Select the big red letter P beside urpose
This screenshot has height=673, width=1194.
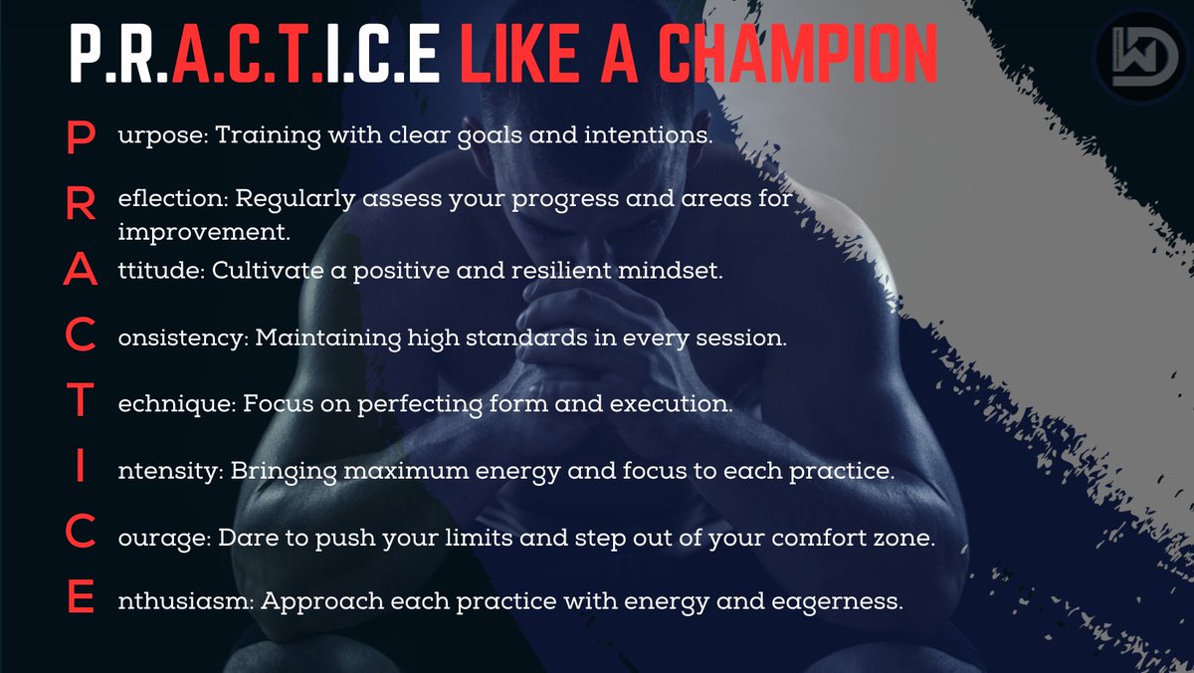(x=80, y=138)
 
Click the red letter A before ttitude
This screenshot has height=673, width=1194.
(x=80, y=272)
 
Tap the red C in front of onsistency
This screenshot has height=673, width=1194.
(x=80, y=338)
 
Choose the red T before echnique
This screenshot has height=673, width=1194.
(x=80, y=404)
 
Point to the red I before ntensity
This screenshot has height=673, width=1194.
(x=80, y=470)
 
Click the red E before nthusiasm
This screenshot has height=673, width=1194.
(x=80, y=601)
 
